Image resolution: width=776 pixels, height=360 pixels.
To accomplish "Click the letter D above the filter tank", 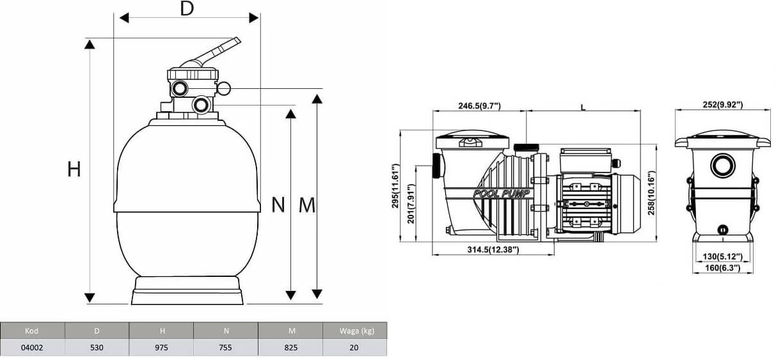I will coord(186,9).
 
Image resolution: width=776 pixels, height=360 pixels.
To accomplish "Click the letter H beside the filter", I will coord(74,169).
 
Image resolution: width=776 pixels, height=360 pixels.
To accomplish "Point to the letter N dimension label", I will coord(278,205).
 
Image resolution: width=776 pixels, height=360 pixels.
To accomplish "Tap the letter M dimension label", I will coord(307,205).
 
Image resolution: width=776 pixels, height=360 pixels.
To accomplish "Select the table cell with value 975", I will coord(161,348).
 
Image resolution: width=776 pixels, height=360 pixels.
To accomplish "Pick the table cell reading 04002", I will coord(32,348).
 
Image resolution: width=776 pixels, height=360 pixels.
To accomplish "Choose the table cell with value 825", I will coord(290,348).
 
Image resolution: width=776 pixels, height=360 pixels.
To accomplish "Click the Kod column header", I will coord(32,331).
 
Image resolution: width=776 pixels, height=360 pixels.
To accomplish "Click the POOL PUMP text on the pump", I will coord(502,193).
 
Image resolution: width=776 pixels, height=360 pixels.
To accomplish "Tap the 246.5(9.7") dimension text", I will coord(479,106).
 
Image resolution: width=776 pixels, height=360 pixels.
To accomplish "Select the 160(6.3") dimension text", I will coord(722,268).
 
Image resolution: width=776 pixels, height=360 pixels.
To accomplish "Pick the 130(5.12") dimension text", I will coord(722,256).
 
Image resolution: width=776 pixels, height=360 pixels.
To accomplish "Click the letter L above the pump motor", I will coord(583,107).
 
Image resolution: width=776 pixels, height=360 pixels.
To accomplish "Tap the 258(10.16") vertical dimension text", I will coord(653,192).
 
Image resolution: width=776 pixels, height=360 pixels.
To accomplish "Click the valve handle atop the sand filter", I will coord(217,51).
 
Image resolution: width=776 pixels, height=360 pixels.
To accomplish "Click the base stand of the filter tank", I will coord(187,291).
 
